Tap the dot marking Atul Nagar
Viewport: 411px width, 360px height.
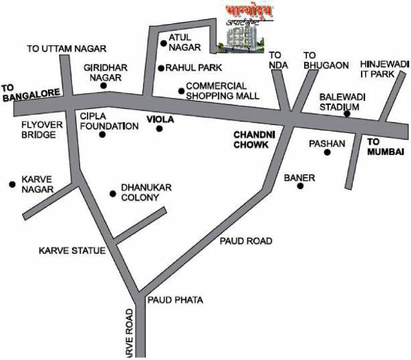(164, 44)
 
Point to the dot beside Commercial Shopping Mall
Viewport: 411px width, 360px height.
(182, 90)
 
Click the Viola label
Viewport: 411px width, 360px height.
(161, 119)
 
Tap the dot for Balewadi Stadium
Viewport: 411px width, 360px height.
(347, 114)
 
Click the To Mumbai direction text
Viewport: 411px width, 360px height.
(382, 146)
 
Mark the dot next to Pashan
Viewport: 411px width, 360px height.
(327, 152)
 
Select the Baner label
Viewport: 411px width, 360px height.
(299, 178)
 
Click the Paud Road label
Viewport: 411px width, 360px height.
(246, 241)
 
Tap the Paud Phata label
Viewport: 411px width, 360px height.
(175, 300)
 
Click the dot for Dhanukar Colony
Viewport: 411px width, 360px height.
(113, 194)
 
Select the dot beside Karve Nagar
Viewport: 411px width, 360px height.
(12, 184)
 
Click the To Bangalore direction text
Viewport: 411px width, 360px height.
(26, 93)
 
